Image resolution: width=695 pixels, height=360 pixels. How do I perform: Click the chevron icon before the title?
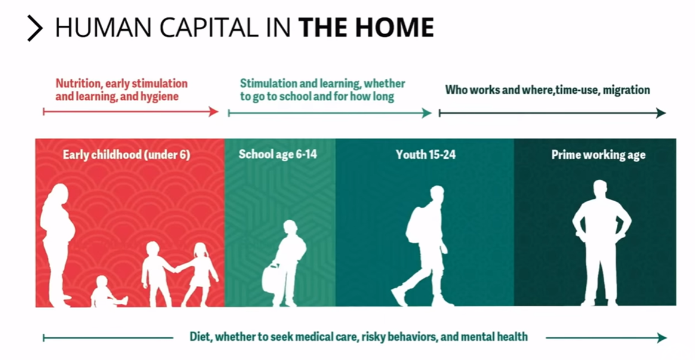point(35,29)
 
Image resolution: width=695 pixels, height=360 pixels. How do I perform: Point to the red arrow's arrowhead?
point(214,112)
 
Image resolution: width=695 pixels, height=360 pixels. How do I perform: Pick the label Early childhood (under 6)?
point(127,155)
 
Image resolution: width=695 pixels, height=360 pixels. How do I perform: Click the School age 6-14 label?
point(278,154)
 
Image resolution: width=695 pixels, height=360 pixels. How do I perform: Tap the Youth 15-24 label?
point(426,154)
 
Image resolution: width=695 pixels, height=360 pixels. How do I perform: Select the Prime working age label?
point(598,155)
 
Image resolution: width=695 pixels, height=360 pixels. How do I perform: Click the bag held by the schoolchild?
point(270,278)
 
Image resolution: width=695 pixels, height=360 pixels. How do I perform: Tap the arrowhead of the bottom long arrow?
point(662,338)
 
